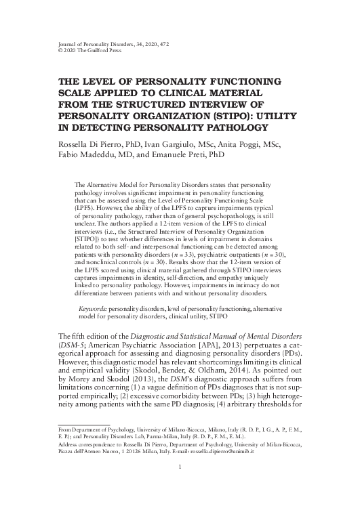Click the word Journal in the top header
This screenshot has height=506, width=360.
click(52, 43)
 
